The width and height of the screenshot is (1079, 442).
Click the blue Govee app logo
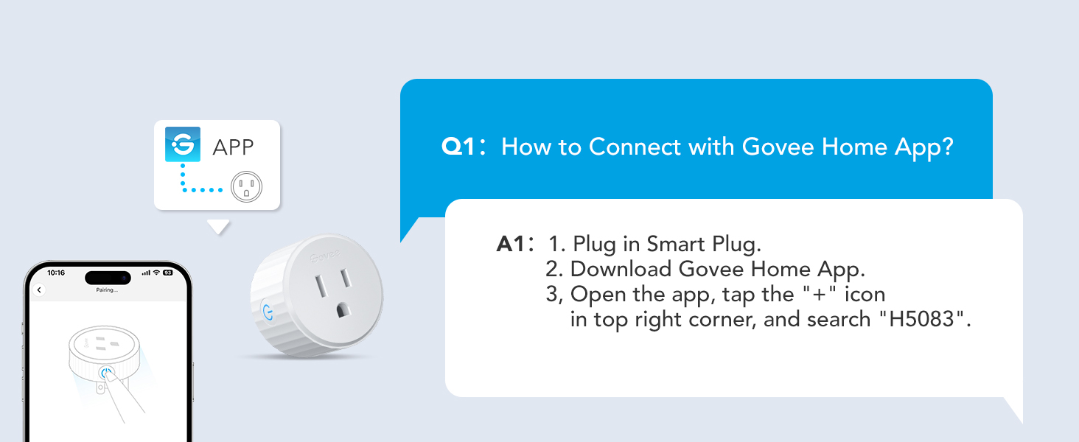(182, 145)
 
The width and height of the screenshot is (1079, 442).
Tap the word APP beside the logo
(233, 147)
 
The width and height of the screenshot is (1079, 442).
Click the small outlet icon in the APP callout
(246, 187)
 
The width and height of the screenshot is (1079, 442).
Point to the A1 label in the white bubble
(514, 244)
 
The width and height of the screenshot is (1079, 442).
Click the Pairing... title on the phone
(107, 290)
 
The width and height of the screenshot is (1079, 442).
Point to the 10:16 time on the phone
(56, 273)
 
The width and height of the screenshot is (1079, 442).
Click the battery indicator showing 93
(167, 273)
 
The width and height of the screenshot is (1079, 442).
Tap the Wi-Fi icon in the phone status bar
(156, 273)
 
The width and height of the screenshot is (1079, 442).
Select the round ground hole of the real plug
(341, 311)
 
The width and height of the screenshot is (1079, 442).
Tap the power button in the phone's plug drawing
(105, 373)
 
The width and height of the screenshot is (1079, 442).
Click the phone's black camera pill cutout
(108, 278)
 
